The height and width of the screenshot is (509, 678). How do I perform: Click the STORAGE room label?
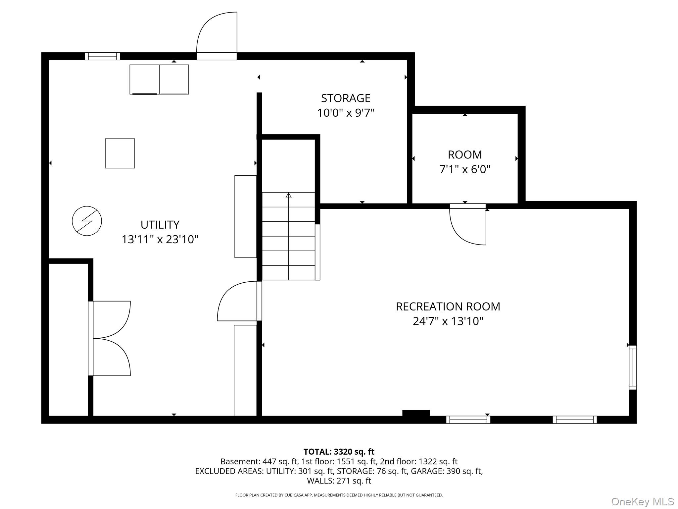(345, 98)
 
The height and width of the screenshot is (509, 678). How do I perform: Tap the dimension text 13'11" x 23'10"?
(160, 239)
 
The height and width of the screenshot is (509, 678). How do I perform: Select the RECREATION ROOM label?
(448, 307)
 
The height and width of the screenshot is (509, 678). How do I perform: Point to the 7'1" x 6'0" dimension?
(464, 169)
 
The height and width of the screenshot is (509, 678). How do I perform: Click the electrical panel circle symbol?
(87, 221)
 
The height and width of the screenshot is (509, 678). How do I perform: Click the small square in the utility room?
(120, 153)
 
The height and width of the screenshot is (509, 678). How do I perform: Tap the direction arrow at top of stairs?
(288, 195)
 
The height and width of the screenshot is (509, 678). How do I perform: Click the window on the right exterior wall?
(632, 367)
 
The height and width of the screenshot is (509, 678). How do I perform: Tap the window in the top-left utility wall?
(102, 56)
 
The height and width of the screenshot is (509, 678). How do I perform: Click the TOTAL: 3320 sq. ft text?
(339, 452)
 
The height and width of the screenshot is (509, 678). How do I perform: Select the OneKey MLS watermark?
(642, 502)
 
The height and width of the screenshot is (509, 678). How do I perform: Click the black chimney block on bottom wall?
(416, 413)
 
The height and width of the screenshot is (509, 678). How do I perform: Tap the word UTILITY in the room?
(160, 225)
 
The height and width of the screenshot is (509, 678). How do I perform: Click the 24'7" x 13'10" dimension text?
(448, 321)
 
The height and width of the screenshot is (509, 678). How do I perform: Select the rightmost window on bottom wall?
(574, 420)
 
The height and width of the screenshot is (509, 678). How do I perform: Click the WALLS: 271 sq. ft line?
(339, 481)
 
